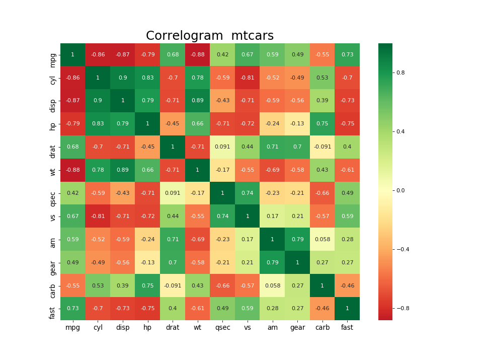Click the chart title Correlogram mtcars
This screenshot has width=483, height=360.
click(x=210, y=36)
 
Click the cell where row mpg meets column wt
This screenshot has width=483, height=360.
click(x=197, y=55)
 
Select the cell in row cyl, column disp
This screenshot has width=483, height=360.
click(x=123, y=78)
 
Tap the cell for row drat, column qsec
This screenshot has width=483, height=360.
click(x=222, y=147)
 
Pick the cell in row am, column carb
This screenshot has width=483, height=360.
click(x=322, y=239)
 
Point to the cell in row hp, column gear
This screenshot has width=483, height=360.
click(x=297, y=124)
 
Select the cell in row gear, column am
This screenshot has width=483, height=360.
click(x=272, y=262)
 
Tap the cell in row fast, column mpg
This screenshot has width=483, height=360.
click(x=72, y=309)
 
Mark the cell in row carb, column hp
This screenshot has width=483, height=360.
click(x=147, y=285)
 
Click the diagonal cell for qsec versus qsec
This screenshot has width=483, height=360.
click(x=222, y=193)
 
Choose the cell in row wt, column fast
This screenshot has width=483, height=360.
click(x=347, y=170)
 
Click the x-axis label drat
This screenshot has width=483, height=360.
click(x=173, y=328)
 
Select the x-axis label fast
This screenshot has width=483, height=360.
click(x=347, y=328)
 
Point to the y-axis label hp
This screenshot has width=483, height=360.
click(x=53, y=124)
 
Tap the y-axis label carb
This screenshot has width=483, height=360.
click(x=53, y=285)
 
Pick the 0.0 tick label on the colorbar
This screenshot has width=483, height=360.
click(x=401, y=190)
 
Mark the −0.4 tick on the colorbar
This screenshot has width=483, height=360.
click(x=402, y=249)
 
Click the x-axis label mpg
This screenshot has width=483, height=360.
click(x=72, y=328)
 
